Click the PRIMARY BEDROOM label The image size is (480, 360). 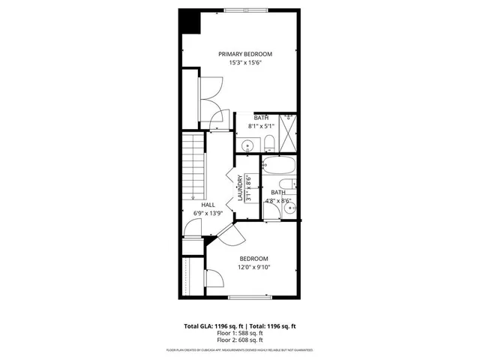pos(244,54)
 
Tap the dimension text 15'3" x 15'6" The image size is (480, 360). pos(244,63)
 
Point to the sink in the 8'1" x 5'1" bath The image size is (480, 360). pos(247,144)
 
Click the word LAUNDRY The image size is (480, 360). pos(241,187)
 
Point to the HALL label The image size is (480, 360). pos(208,204)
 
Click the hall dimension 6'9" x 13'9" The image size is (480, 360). pos(208,213)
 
